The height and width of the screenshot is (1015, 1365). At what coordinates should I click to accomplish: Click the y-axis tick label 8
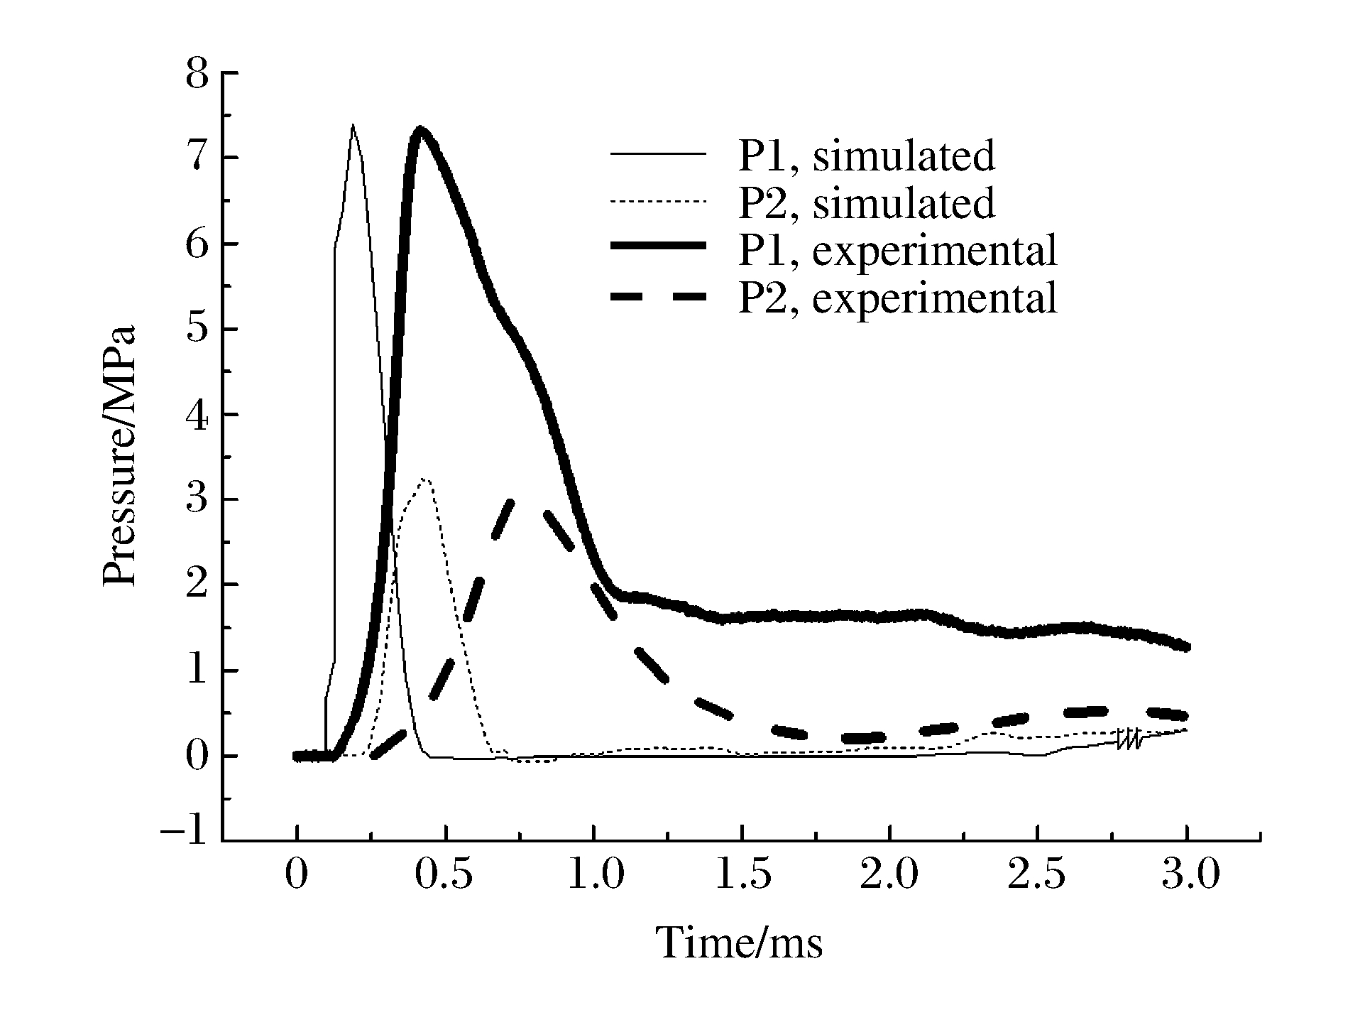[197, 74]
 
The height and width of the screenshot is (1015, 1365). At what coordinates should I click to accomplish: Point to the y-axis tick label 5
[197, 330]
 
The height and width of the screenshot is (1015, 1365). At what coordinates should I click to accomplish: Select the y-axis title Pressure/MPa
[119, 457]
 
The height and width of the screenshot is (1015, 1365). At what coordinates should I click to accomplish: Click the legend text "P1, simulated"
[866, 156]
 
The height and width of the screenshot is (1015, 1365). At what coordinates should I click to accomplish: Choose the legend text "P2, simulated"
[866, 203]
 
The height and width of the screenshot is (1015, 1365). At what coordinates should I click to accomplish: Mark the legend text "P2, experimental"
[897, 298]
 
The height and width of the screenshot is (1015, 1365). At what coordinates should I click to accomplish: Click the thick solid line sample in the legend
[658, 245]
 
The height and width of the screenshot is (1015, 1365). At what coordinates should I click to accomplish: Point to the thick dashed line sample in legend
[658, 298]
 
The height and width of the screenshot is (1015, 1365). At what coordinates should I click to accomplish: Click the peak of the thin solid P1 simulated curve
[352, 126]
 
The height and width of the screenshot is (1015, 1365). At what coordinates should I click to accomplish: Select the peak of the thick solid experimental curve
[420, 131]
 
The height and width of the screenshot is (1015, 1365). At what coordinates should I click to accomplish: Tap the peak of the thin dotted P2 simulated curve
[424, 480]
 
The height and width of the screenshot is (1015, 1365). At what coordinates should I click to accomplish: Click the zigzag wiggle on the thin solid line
[1129, 739]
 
